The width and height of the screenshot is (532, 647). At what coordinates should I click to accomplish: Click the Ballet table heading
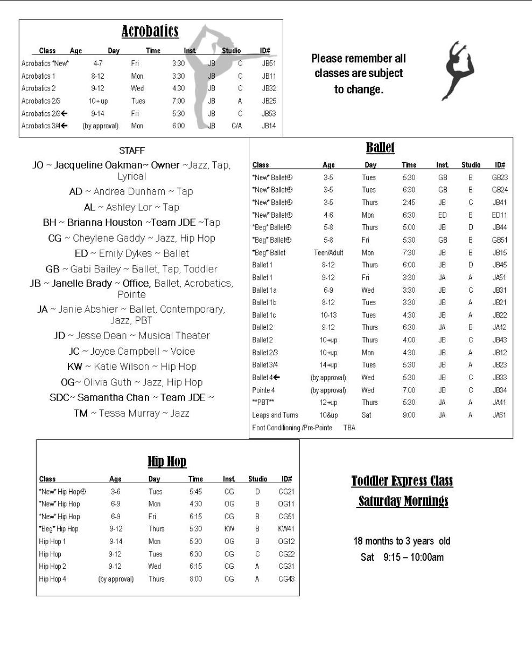[380, 147]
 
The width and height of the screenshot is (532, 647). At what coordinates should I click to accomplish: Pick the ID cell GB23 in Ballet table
[500, 177]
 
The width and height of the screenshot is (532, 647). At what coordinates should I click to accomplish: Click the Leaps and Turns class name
[275, 415]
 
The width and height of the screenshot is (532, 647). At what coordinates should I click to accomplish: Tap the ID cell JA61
[499, 415]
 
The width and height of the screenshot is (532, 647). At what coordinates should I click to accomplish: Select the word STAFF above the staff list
[132, 150]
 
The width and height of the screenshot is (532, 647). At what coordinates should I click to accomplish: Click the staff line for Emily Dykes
[132, 253]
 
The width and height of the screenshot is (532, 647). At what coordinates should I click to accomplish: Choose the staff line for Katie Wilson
[132, 367]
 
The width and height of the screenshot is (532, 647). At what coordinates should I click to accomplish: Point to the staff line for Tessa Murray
[132, 414]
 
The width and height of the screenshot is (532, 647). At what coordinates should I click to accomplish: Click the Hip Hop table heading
[167, 462]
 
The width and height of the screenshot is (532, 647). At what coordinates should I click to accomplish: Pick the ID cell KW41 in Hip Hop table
[286, 529]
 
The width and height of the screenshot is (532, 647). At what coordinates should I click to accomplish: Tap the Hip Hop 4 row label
[53, 579]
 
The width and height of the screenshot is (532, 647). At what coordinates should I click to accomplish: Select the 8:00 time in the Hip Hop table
[195, 579]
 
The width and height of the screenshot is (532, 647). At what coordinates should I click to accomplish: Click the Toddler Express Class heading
[402, 481]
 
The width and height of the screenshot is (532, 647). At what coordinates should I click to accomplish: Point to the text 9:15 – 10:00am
[414, 557]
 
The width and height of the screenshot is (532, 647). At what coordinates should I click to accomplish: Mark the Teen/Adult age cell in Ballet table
[328, 252]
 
